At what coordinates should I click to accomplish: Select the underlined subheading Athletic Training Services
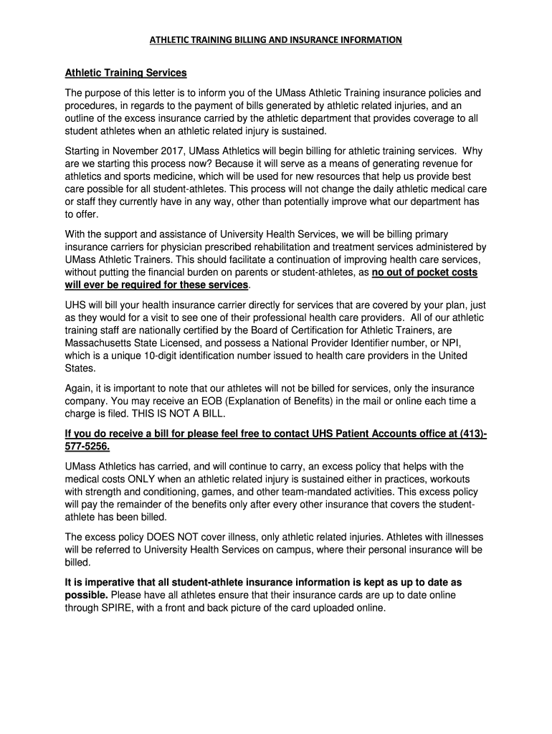click(x=126, y=73)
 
